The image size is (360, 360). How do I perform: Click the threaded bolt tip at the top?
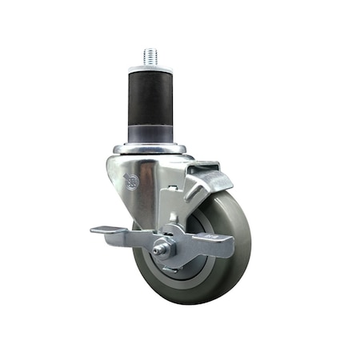tap(150, 57)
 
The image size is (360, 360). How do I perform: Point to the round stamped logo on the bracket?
tap(132, 182)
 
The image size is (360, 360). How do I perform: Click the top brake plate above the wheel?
tap(204, 174)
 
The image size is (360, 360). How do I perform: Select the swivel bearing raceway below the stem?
tap(150, 149)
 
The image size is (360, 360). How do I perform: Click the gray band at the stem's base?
tap(150, 132)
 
